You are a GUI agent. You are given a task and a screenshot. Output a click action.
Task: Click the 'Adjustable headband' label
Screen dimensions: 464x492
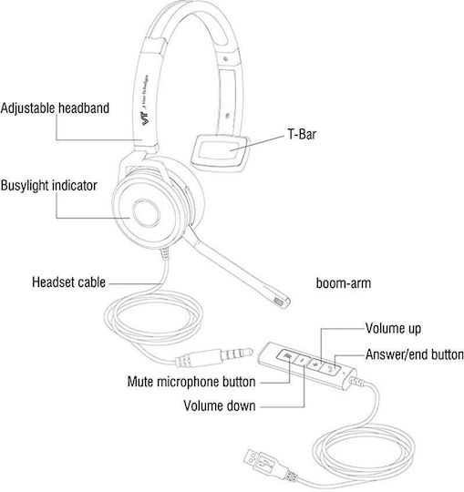(55, 108)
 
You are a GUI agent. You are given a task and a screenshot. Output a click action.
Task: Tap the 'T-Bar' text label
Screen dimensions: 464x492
(302, 134)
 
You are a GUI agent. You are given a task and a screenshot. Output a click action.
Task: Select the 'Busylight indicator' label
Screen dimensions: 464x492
(48, 186)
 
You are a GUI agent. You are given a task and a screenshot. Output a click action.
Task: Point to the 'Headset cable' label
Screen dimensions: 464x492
(68, 282)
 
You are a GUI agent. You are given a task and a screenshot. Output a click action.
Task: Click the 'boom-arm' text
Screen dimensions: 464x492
(344, 283)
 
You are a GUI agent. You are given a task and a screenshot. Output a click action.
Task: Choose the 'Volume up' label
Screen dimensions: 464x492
(393, 329)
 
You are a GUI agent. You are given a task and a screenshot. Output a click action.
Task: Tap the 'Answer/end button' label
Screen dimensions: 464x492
(415, 354)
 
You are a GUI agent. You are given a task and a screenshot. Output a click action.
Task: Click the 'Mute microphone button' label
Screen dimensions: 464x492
(191, 382)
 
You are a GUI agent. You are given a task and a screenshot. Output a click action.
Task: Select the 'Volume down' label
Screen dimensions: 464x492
(220, 405)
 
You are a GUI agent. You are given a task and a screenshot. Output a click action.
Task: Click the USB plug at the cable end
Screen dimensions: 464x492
(260, 462)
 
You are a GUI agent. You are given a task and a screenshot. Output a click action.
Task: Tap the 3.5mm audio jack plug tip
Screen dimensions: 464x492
(248, 353)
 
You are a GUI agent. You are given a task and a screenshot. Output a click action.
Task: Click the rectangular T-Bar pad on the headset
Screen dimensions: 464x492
(219, 153)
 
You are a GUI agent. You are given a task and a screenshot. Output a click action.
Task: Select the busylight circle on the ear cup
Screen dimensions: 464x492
(146, 213)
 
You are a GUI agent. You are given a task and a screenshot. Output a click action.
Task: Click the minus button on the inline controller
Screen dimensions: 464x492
(302, 360)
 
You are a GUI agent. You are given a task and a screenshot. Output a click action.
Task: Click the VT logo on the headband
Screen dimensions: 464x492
(146, 118)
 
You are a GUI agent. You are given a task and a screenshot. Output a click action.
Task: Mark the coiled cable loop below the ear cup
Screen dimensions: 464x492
(153, 316)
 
